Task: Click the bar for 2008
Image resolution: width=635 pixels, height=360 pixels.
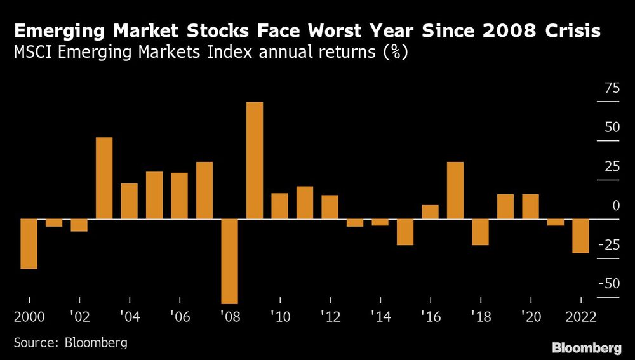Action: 229,261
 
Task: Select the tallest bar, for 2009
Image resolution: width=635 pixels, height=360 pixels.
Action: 255,160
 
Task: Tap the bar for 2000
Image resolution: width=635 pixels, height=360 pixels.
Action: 29,244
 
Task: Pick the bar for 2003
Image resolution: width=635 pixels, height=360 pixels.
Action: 104,178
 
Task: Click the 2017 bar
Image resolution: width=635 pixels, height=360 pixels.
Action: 455,190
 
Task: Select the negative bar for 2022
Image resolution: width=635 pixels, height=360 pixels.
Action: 581,236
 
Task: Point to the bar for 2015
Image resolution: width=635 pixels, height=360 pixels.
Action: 405,232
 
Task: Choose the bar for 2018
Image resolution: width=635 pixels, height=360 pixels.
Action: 481,232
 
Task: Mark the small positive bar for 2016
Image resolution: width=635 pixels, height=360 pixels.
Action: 430,212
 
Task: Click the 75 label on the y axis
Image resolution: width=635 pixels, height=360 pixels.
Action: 611,88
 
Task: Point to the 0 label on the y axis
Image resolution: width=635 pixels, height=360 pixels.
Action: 615,206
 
